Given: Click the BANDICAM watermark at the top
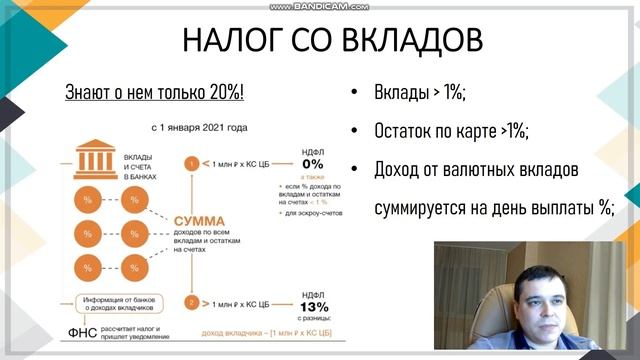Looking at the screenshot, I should point(320,6).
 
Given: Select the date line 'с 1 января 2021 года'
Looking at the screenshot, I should point(200,128).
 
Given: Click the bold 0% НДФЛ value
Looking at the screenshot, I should point(312,164).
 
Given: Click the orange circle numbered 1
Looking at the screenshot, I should point(188,162).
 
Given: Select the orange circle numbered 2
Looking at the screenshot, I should point(188,301).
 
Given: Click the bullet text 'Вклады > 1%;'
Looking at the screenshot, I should point(420,93).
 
